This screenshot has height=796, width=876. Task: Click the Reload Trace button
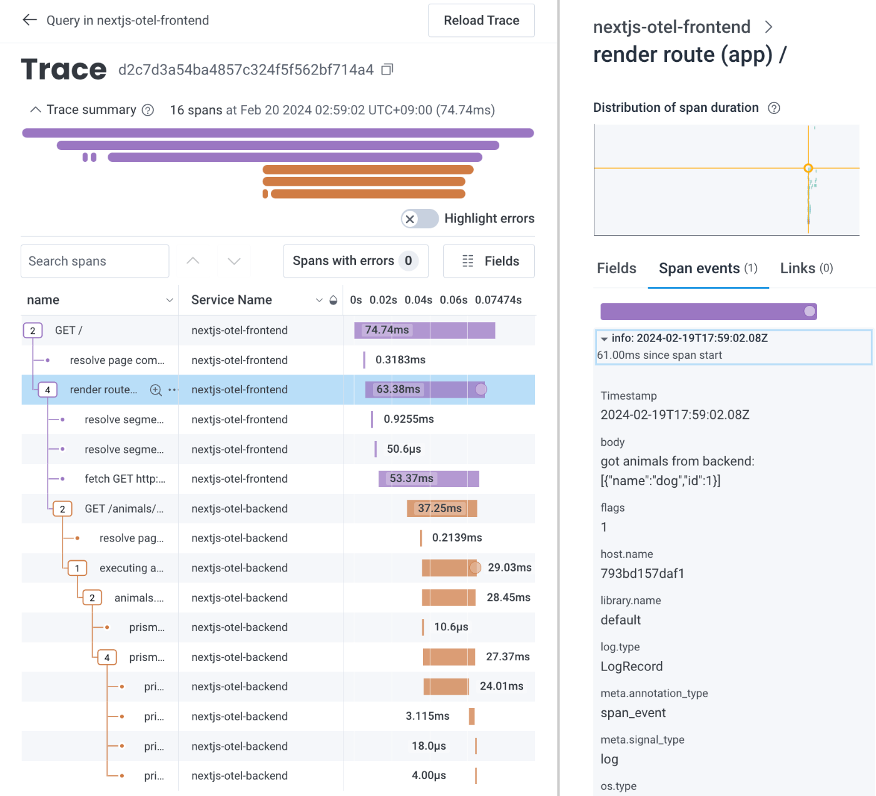tap(481, 21)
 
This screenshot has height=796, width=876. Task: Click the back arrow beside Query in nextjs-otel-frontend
tap(29, 20)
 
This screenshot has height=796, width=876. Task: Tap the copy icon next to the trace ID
tap(387, 69)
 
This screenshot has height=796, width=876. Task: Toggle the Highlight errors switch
tap(420, 219)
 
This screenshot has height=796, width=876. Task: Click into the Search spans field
tap(95, 261)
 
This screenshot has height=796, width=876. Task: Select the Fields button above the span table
tap(489, 261)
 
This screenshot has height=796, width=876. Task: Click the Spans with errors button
tap(355, 261)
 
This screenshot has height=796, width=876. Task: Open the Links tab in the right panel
tap(806, 268)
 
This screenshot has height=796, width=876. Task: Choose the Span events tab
tap(708, 268)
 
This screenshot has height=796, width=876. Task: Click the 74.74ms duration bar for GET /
tap(424, 330)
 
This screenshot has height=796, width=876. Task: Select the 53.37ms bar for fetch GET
tap(429, 479)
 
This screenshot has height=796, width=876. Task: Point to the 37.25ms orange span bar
tap(442, 508)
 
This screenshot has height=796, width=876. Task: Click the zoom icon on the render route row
tap(156, 390)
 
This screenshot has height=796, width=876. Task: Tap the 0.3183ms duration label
tap(400, 360)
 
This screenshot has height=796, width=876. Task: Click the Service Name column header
tap(232, 300)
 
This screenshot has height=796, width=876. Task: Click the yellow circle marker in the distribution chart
tap(808, 168)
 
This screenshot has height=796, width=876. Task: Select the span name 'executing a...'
tap(131, 568)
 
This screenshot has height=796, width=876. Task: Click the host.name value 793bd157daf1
tap(643, 573)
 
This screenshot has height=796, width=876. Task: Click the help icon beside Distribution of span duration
tap(774, 108)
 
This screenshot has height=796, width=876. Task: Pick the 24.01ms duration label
tap(502, 687)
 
